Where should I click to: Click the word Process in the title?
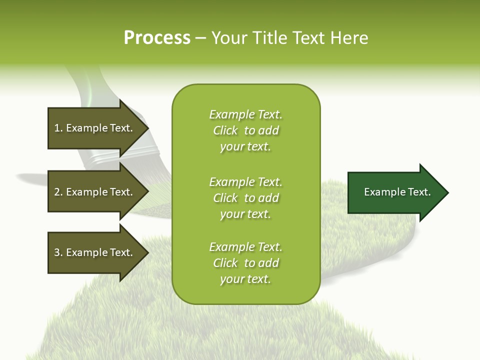[157, 38]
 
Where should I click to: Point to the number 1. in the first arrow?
[58, 128]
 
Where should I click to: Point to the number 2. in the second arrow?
[58, 192]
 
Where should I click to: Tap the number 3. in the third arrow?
[58, 252]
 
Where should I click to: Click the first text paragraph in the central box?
[245, 130]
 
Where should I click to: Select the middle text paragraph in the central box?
[245, 198]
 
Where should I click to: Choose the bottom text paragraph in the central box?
[245, 263]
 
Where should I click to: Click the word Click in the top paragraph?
[225, 130]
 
